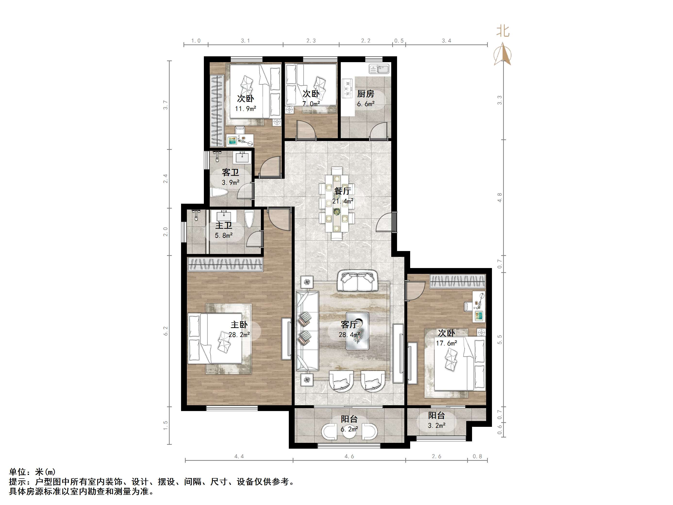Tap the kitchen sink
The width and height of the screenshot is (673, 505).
click(379, 69)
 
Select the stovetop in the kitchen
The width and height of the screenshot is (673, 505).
click(347, 89)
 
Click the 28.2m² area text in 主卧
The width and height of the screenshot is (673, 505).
click(240, 335)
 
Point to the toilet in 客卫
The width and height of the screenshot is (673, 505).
click(219, 193)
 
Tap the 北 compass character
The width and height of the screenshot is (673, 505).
click(503, 31)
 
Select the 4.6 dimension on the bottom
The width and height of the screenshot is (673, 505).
click(349, 456)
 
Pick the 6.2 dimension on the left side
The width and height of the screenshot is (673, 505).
click(166, 331)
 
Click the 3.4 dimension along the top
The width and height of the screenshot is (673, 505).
click(446, 41)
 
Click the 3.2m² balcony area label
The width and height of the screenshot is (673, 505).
click(437, 426)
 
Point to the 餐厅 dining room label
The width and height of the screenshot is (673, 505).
click(343, 191)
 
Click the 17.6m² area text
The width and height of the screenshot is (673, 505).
click(447, 343)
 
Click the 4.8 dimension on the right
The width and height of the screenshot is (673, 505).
click(499, 197)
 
